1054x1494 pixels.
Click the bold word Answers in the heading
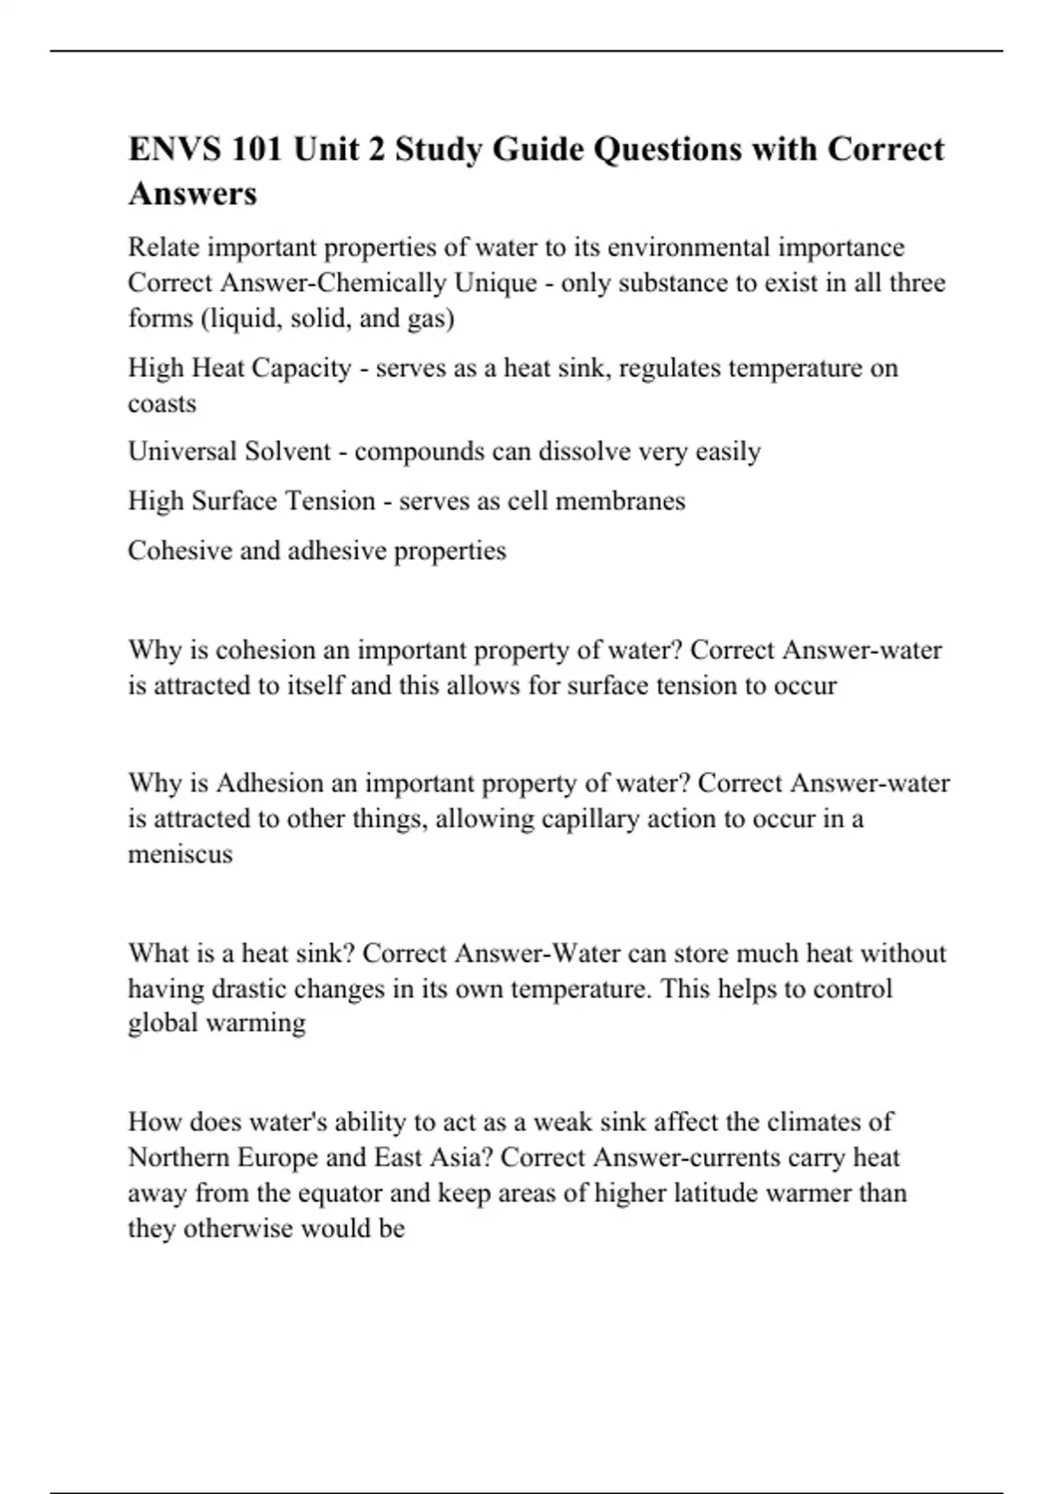point(192,192)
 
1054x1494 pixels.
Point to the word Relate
point(163,247)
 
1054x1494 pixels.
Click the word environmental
point(689,247)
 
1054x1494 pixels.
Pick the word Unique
point(495,283)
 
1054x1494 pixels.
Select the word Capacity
point(301,367)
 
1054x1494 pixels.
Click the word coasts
point(162,403)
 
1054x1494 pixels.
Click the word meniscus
point(180,854)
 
